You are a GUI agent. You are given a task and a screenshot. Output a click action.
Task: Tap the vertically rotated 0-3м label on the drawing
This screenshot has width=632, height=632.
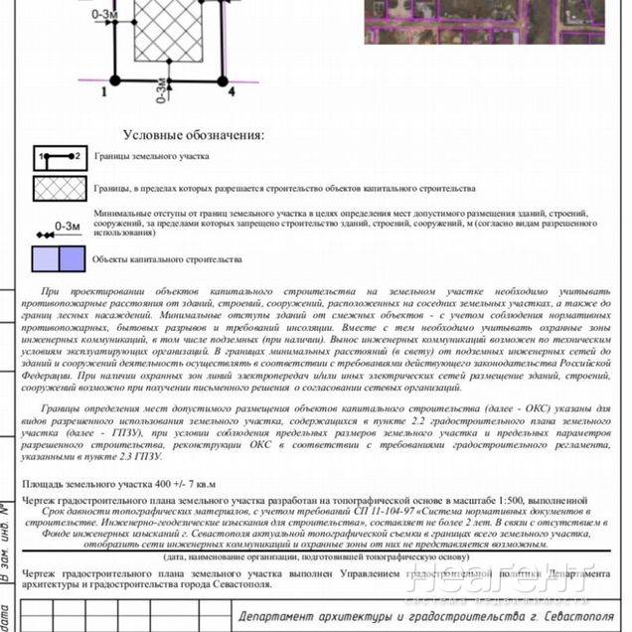[x=159, y=97]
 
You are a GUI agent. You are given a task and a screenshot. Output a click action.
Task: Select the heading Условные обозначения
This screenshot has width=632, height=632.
[x=194, y=135]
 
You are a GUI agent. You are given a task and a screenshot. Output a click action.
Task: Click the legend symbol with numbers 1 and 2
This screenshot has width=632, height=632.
[x=60, y=157]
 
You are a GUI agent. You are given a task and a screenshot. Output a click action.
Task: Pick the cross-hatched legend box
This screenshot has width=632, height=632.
[x=60, y=188]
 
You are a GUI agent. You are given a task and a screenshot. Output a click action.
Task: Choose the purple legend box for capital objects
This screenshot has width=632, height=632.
[x=60, y=259]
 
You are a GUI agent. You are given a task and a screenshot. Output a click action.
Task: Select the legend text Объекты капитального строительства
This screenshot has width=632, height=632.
[x=167, y=259]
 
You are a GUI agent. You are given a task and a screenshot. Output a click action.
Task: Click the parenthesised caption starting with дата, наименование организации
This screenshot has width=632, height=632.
[x=309, y=557]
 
